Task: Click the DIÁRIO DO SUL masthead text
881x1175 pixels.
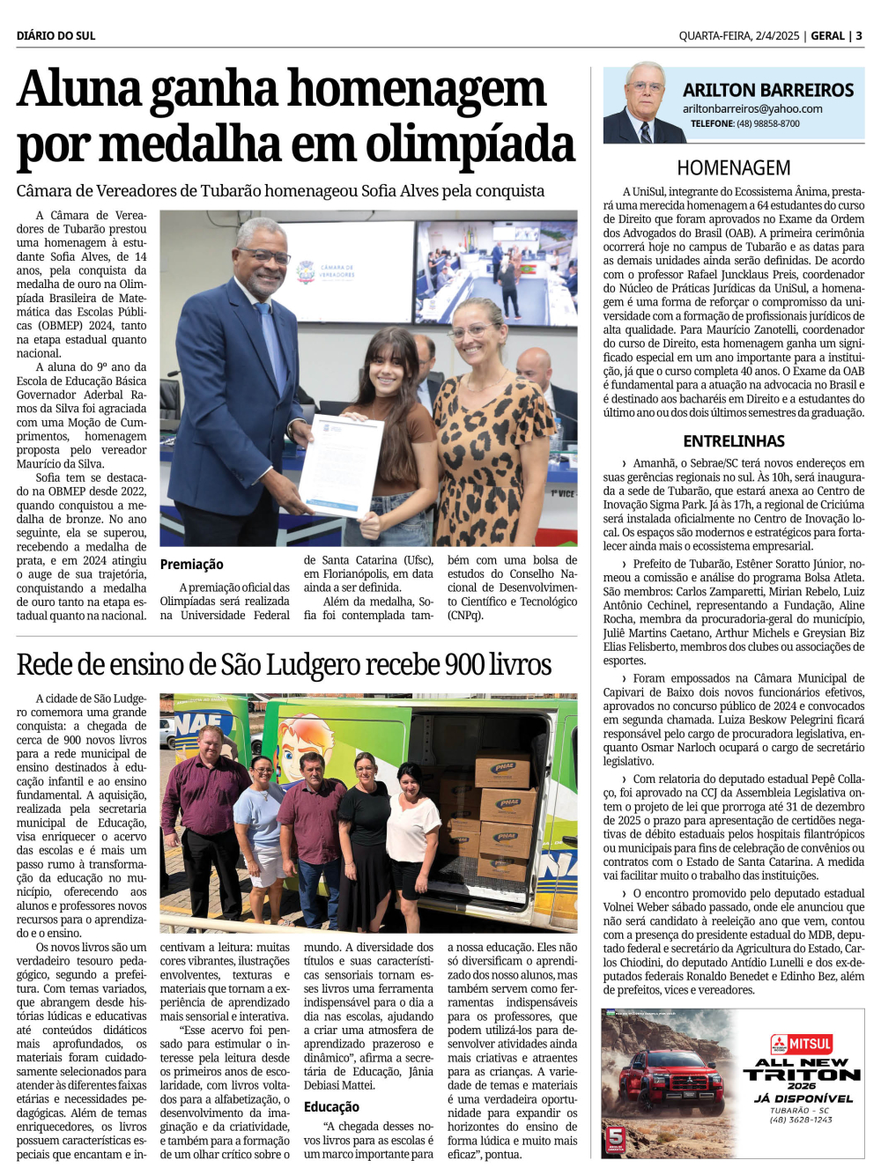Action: (56, 36)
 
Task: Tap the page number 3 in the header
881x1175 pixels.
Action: (859, 36)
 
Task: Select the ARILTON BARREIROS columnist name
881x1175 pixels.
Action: (768, 91)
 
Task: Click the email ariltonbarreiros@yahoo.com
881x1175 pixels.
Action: (752, 109)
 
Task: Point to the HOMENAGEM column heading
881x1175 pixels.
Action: (733, 168)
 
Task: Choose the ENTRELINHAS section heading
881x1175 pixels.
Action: (733, 441)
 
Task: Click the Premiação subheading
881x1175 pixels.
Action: (191, 565)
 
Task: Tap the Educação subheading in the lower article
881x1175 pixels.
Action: (331, 1107)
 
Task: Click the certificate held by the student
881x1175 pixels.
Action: (342, 464)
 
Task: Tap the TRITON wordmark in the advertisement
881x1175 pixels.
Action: (802, 1075)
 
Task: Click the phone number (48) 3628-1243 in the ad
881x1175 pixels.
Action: (801, 1120)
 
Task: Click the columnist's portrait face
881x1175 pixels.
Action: (646, 90)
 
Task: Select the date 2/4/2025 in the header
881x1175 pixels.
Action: (777, 36)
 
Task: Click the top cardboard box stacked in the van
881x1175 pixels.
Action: (502, 769)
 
